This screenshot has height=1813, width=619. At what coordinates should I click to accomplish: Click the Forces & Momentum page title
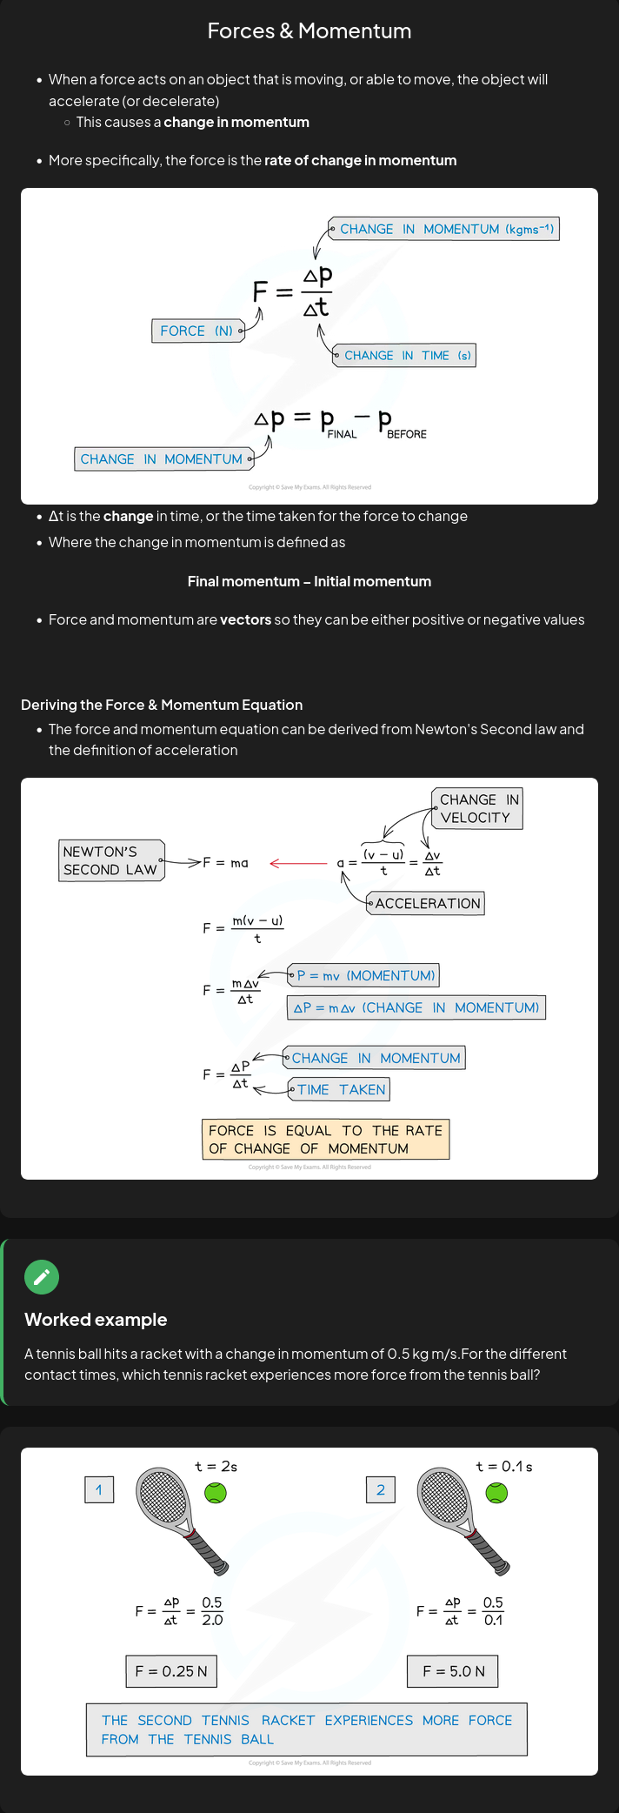pos(309,31)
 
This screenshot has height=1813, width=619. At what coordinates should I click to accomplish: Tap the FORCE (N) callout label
pos(196,331)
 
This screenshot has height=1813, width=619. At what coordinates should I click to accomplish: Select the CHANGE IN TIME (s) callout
pos(406,356)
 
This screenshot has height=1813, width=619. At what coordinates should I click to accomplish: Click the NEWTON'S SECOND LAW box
pos(110,860)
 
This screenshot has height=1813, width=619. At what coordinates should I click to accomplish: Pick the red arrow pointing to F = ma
pos(298,863)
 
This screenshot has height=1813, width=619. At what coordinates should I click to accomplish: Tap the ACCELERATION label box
pos(426,904)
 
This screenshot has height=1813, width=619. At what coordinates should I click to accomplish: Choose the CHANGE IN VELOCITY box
pos(476,808)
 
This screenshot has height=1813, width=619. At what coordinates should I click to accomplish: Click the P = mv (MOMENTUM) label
pos(364,976)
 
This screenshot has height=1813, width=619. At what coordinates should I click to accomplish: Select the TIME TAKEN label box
pos(340,1090)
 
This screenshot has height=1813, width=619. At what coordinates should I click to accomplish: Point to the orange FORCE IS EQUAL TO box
pos(325,1140)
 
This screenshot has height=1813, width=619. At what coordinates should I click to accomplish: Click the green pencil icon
pos(42,1277)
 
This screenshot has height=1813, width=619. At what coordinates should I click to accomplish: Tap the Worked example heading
pos(96,1320)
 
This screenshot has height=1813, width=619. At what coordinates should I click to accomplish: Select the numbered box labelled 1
pos(99,1490)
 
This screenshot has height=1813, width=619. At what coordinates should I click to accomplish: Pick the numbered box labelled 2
pos(381,1490)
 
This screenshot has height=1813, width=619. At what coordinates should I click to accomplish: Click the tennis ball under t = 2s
pos(216,1493)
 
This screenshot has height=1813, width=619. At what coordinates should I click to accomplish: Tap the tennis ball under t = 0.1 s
pos(496,1493)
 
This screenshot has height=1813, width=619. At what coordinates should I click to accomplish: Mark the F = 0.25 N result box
pos(171,1671)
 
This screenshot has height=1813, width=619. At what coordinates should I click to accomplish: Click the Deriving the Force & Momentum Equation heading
pos(162,705)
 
